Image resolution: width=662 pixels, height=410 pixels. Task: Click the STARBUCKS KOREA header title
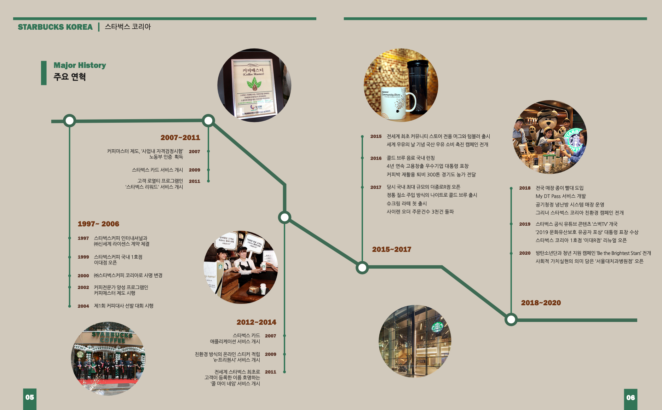pos(55,27)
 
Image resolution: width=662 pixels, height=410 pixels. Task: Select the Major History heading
pos(80,65)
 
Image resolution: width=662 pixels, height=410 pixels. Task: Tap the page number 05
pos(30,397)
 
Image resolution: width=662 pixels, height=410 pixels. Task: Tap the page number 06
pos(631,397)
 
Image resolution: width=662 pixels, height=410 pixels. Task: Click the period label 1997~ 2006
pos(98,224)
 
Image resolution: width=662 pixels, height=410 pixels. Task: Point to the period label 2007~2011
pos(180,138)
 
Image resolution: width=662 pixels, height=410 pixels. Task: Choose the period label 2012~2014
pos(256,322)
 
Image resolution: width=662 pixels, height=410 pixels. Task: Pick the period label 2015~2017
pos(391,249)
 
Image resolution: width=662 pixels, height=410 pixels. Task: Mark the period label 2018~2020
pos(541,303)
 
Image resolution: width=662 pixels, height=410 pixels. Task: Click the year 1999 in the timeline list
pos(83,257)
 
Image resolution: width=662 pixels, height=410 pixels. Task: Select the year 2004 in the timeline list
pos(83,306)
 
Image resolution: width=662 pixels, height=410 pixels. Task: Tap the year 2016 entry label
pos(376,158)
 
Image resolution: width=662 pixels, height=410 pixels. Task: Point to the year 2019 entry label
pos(525,224)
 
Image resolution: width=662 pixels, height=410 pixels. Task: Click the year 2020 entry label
pos(525,253)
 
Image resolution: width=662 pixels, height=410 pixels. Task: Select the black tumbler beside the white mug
pos(418,87)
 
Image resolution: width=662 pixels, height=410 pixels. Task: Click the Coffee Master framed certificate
pos(253,87)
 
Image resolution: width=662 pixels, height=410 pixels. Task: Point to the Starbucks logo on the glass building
pos(437,327)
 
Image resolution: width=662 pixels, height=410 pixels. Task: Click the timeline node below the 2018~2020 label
pos(511,320)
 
